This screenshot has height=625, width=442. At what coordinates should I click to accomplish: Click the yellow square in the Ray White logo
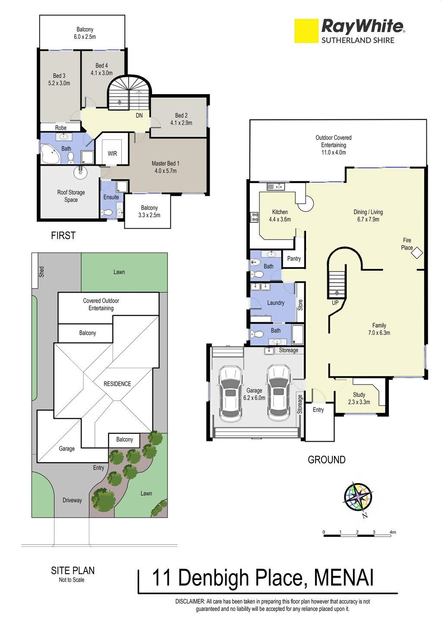[x=306, y=31]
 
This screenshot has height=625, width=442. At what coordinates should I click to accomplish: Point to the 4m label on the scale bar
[x=393, y=532]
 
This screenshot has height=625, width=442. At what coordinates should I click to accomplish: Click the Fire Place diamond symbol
[x=417, y=253]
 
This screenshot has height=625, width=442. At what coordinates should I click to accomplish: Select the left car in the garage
[x=230, y=394]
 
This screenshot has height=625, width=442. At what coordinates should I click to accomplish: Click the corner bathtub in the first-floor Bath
[x=51, y=154]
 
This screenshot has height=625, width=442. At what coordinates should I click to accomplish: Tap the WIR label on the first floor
[x=112, y=154]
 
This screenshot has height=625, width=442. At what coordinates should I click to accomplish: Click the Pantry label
[x=294, y=259]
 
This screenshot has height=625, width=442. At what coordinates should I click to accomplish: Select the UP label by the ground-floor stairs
[x=335, y=303]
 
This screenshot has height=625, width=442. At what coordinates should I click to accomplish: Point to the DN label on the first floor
[x=139, y=115]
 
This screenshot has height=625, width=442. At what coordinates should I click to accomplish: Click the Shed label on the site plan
[x=41, y=272]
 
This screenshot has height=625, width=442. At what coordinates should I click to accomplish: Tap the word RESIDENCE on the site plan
[x=117, y=384]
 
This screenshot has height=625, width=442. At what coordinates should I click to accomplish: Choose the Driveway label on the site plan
[x=72, y=500]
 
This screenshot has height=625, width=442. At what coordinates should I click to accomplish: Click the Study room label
[x=359, y=395]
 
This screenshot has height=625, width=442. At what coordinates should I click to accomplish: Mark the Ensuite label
[x=111, y=197]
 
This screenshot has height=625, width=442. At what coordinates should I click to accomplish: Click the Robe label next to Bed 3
[x=60, y=128]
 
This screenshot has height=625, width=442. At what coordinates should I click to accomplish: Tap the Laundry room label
[x=276, y=303]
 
